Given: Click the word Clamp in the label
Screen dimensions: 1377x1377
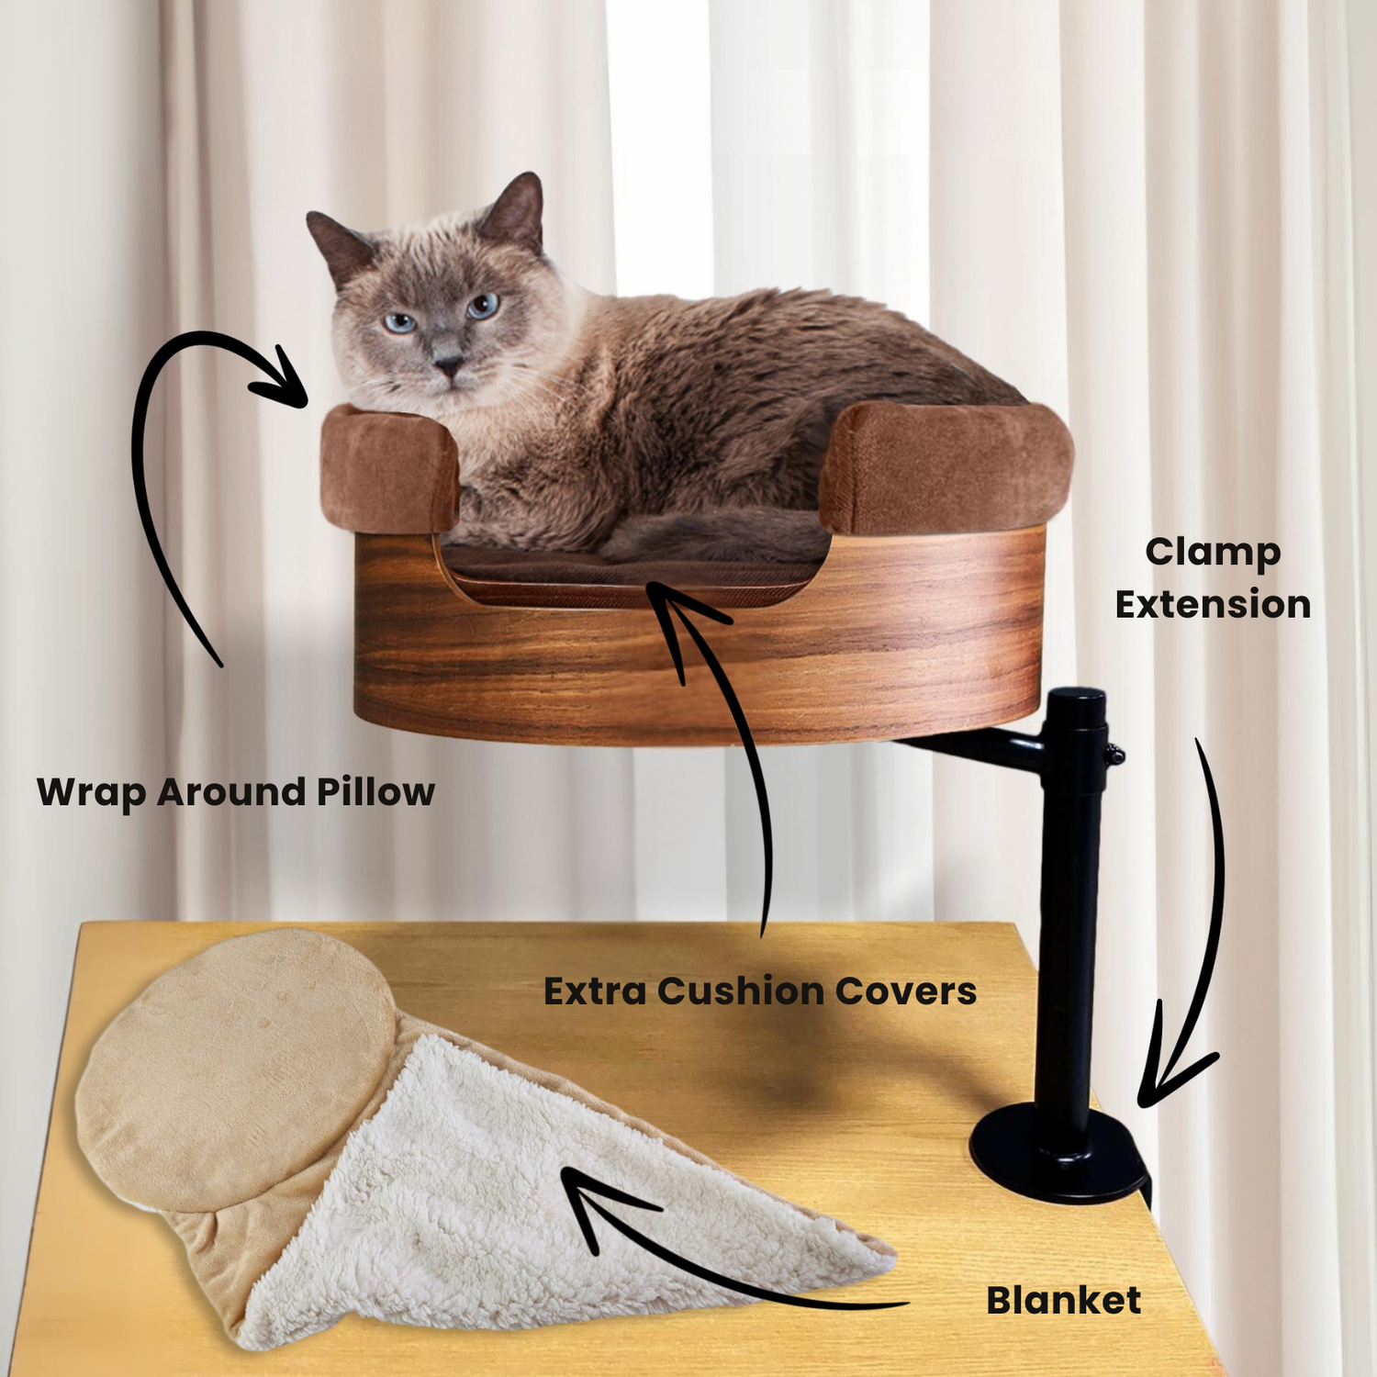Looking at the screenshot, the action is pos(1213,554).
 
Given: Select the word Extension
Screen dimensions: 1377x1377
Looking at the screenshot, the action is pos(1213,605).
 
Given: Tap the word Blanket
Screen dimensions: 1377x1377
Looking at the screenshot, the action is pos(1063,1300).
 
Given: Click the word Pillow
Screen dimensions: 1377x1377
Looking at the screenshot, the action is pos(375,791).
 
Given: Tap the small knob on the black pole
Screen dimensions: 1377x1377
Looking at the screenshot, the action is pos(1114,756).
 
